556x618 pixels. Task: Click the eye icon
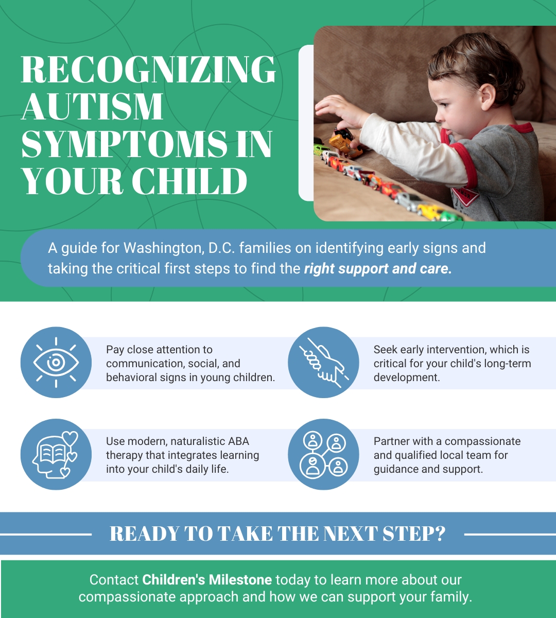(x=56, y=362)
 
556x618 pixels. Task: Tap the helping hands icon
(x=323, y=362)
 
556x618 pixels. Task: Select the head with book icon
(x=56, y=454)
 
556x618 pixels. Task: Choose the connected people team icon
(x=323, y=454)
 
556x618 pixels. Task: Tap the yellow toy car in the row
(x=427, y=210)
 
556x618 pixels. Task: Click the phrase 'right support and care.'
(x=378, y=268)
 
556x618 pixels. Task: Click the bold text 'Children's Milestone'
(x=207, y=579)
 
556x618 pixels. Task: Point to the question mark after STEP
(x=439, y=534)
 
